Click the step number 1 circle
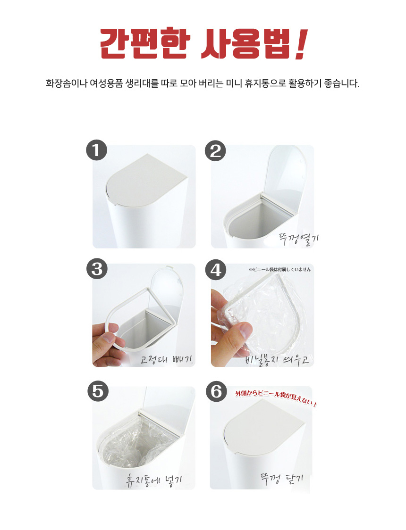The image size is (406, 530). pos(96,150)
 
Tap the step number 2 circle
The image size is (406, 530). pos(216,151)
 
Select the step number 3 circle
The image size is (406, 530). pos(97,269)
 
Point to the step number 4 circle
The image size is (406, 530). pos(216,270)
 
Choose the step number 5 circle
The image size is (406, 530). pos(98,391)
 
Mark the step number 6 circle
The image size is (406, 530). pos(217,391)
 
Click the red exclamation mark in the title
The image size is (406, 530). pos(301,44)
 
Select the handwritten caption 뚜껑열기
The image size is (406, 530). pos(299,239)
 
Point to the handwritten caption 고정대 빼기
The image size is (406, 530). pos(166,359)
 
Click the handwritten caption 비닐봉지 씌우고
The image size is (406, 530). pos(277,359)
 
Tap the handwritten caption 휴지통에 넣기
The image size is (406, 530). pos(154,480)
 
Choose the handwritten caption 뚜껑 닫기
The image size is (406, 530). pos(282,479)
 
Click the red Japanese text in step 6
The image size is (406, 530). pos(276,398)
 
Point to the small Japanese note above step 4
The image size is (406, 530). pos(280,269)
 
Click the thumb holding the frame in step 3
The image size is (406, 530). pos(109,337)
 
